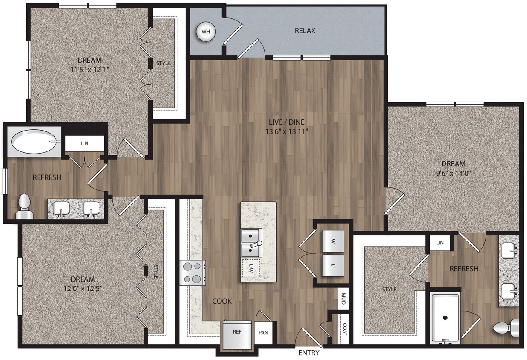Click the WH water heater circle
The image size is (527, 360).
pyautogui.click(x=206, y=31)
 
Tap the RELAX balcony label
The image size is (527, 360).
pyautogui.click(x=305, y=31)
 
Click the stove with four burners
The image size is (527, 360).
pyautogui.click(x=192, y=273)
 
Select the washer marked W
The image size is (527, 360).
pyautogui.click(x=332, y=241)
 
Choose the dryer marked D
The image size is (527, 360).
pyautogui.click(x=332, y=266)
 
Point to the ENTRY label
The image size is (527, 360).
pyautogui.click(x=309, y=353)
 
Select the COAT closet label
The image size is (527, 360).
pyautogui.click(x=344, y=328)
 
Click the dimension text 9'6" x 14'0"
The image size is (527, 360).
pyautogui.click(x=453, y=174)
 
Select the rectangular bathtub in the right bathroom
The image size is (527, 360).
pyautogui.click(x=445, y=318)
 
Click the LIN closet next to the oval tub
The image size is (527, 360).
pyautogui.click(x=84, y=143)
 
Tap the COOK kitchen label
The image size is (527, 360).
pyautogui.click(x=222, y=301)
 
